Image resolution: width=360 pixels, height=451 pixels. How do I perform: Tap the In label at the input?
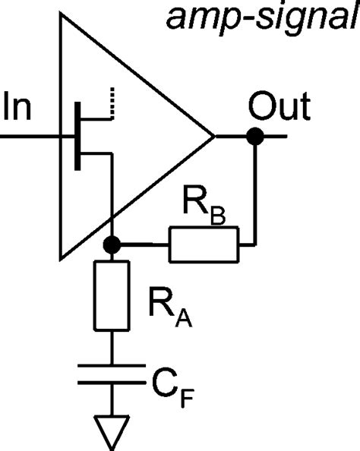pos(17,106)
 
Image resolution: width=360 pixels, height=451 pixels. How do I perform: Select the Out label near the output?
pos(279,108)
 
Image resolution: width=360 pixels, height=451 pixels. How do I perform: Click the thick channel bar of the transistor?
pos(77,137)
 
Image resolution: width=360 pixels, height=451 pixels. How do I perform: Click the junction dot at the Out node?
pos(256,137)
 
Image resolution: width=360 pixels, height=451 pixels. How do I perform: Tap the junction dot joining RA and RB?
pos(112,245)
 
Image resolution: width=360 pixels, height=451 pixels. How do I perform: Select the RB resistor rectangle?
pos(203,245)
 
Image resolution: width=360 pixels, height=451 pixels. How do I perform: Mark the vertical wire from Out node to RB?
pos(256,190)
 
